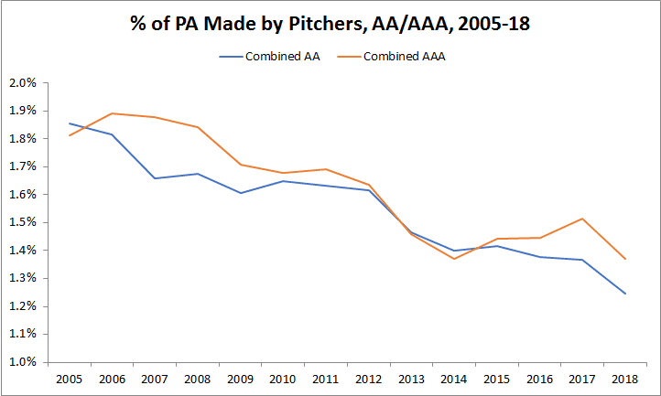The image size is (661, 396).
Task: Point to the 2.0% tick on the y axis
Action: [x=23, y=83]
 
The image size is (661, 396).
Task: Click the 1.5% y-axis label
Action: [x=23, y=222]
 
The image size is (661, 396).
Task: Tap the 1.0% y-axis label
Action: [x=23, y=362]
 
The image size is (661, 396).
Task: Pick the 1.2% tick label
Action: [x=23, y=306]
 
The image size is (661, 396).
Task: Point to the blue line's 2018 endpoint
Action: [x=625, y=294]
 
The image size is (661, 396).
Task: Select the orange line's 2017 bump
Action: [x=582, y=219]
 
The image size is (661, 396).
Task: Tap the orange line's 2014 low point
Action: [x=454, y=259]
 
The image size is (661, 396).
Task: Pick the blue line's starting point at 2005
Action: [x=70, y=123]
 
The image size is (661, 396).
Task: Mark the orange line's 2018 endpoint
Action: [x=625, y=259]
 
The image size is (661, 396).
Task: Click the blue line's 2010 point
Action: [x=283, y=181]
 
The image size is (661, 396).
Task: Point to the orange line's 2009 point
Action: [x=241, y=165]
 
